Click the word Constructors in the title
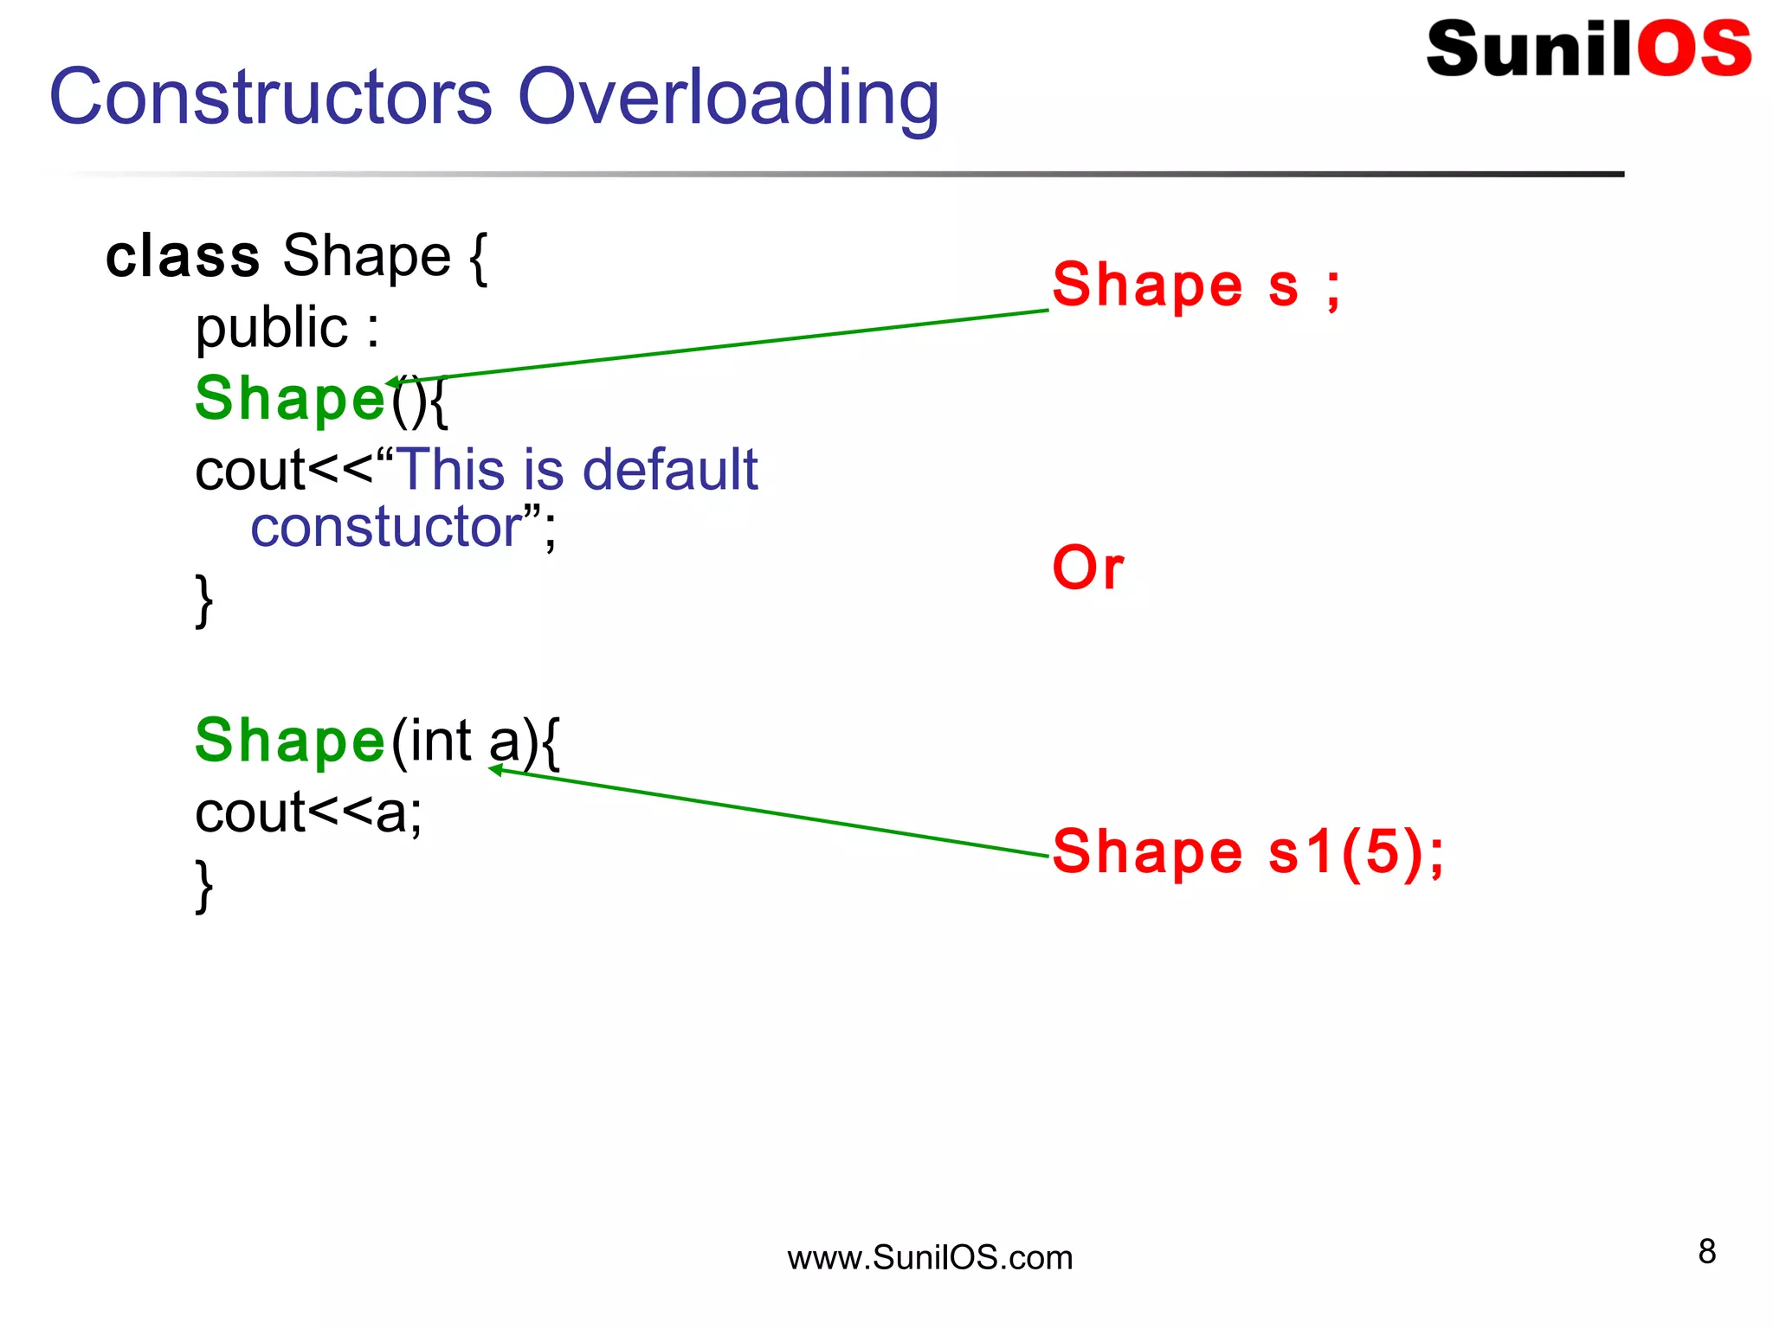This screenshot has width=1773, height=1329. [270, 97]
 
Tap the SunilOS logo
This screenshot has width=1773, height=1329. [1588, 48]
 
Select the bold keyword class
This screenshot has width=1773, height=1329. [182, 257]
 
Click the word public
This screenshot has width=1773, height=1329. [271, 329]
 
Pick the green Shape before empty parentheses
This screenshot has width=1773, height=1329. [289, 399]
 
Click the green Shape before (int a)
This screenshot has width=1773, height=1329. [289, 742]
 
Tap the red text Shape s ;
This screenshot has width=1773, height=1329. [1196, 286]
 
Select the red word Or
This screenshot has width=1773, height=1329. [1087, 568]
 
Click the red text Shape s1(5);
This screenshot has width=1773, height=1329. [1248, 851]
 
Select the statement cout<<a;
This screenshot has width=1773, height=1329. [308, 813]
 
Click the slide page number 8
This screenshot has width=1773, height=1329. [1706, 1251]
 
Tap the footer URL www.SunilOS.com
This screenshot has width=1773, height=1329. [929, 1257]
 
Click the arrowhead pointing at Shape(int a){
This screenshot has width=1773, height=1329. [496, 770]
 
